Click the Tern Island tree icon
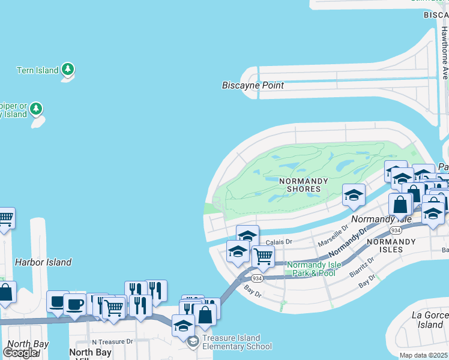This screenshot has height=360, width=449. coord(68,70)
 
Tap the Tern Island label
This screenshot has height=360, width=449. coord(37,70)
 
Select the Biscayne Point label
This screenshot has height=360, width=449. coord(253,85)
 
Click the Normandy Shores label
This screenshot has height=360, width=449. coord(304,185)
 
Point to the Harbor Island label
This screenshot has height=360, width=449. coord(43,262)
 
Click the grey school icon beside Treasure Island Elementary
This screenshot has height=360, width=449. coord(193,342)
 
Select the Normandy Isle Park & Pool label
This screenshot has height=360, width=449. coord(311,269)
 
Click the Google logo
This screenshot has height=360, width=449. coord(20,353)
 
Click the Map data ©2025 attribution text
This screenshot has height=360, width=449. coord(424,355)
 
